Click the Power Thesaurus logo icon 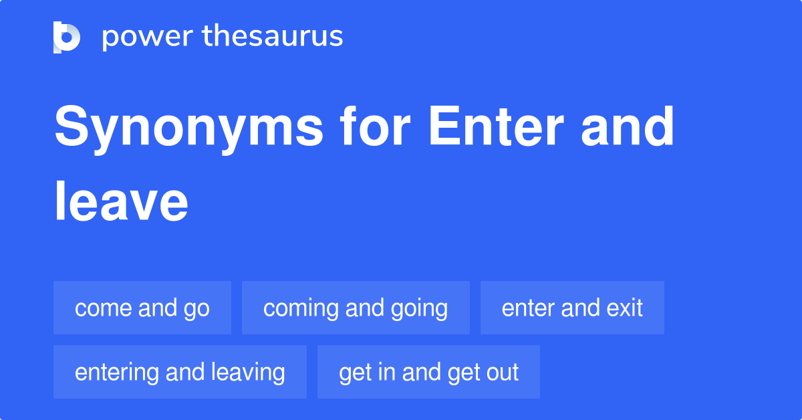pos(67,37)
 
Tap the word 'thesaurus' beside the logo pos(273,37)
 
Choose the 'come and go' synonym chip pos(142,308)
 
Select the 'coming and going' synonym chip pos(356,308)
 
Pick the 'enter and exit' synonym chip pos(572,308)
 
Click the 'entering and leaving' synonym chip pos(180,373)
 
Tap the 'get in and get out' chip pos(428,373)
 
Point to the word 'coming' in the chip pos(298,308)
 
